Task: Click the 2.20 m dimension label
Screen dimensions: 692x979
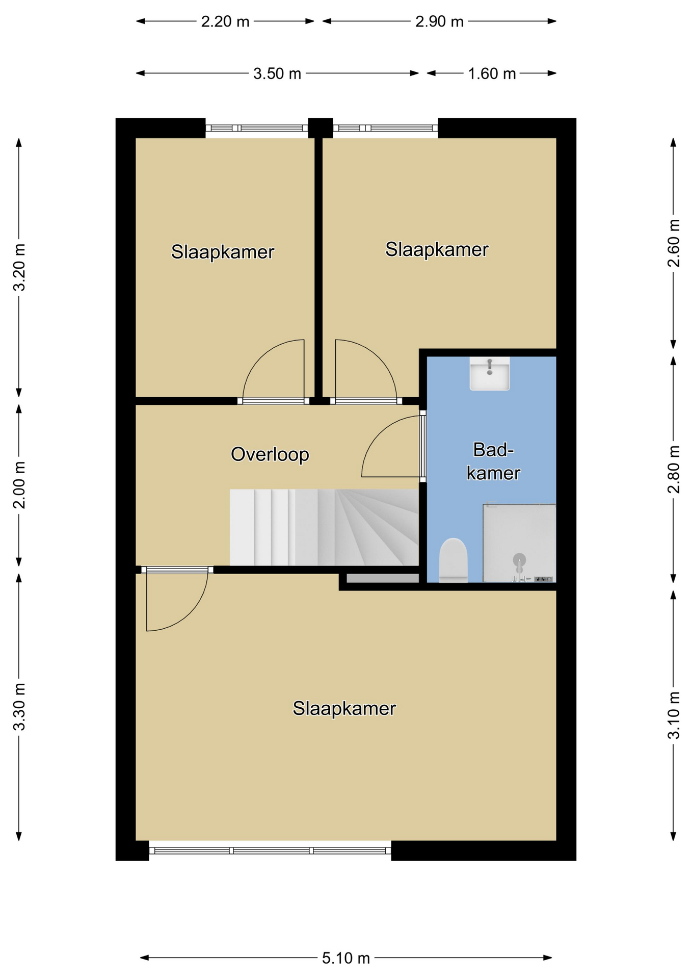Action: pyautogui.click(x=225, y=21)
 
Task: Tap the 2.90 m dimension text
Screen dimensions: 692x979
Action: pyautogui.click(x=439, y=21)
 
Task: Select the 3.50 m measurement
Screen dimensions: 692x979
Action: pyautogui.click(x=277, y=73)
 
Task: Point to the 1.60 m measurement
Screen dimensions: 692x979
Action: pyautogui.click(x=492, y=73)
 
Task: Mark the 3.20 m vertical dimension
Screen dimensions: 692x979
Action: pyautogui.click(x=19, y=267)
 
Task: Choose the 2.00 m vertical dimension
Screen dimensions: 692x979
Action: pyautogui.click(x=19, y=485)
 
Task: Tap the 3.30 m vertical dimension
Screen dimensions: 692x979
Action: pyautogui.click(x=19, y=707)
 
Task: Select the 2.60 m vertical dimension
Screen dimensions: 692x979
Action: pyautogui.click(x=674, y=243)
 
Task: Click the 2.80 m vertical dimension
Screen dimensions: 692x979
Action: pyautogui.click(x=674, y=469)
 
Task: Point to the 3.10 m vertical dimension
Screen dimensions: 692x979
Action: pyautogui.click(x=674, y=715)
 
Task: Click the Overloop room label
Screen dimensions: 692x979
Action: pyautogui.click(x=270, y=454)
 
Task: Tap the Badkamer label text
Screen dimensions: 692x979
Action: pyautogui.click(x=493, y=461)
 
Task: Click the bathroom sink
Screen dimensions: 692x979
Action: pyautogui.click(x=489, y=373)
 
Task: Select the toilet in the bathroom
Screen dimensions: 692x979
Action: pyautogui.click(x=453, y=560)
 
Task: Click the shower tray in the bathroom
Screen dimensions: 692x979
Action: pyautogui.click(x=519, y=543)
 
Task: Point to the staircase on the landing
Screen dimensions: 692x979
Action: pyautogui.click(x=324, y=527)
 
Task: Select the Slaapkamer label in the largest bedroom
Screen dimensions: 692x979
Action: pyautogui.click(x=344, y=708)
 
